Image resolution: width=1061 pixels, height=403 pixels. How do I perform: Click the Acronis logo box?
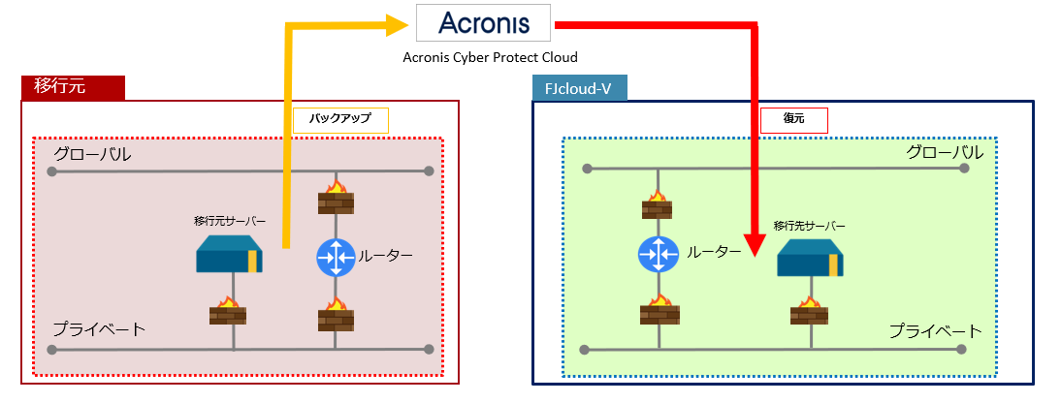tap(483, 22)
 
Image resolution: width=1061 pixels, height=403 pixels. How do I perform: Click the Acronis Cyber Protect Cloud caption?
tap(483, 57)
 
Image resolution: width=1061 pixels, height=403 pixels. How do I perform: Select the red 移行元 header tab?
tap(74, 87)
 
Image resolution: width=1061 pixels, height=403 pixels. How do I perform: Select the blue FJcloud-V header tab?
tap(579, 87)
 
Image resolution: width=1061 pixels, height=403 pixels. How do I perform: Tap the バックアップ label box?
tap(340, 119)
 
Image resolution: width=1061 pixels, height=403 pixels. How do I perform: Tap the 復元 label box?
tap(793, 119)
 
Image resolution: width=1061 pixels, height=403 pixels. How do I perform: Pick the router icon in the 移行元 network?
tap(335, 257)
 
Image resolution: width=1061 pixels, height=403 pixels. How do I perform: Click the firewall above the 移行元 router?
tap(336, 199)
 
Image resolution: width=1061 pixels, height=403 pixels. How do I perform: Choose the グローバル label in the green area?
tap(944, 153)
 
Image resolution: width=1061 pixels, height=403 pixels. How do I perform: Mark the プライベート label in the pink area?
tap(99, 329)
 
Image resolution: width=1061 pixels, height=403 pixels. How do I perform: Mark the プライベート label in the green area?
tap(936, 331)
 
